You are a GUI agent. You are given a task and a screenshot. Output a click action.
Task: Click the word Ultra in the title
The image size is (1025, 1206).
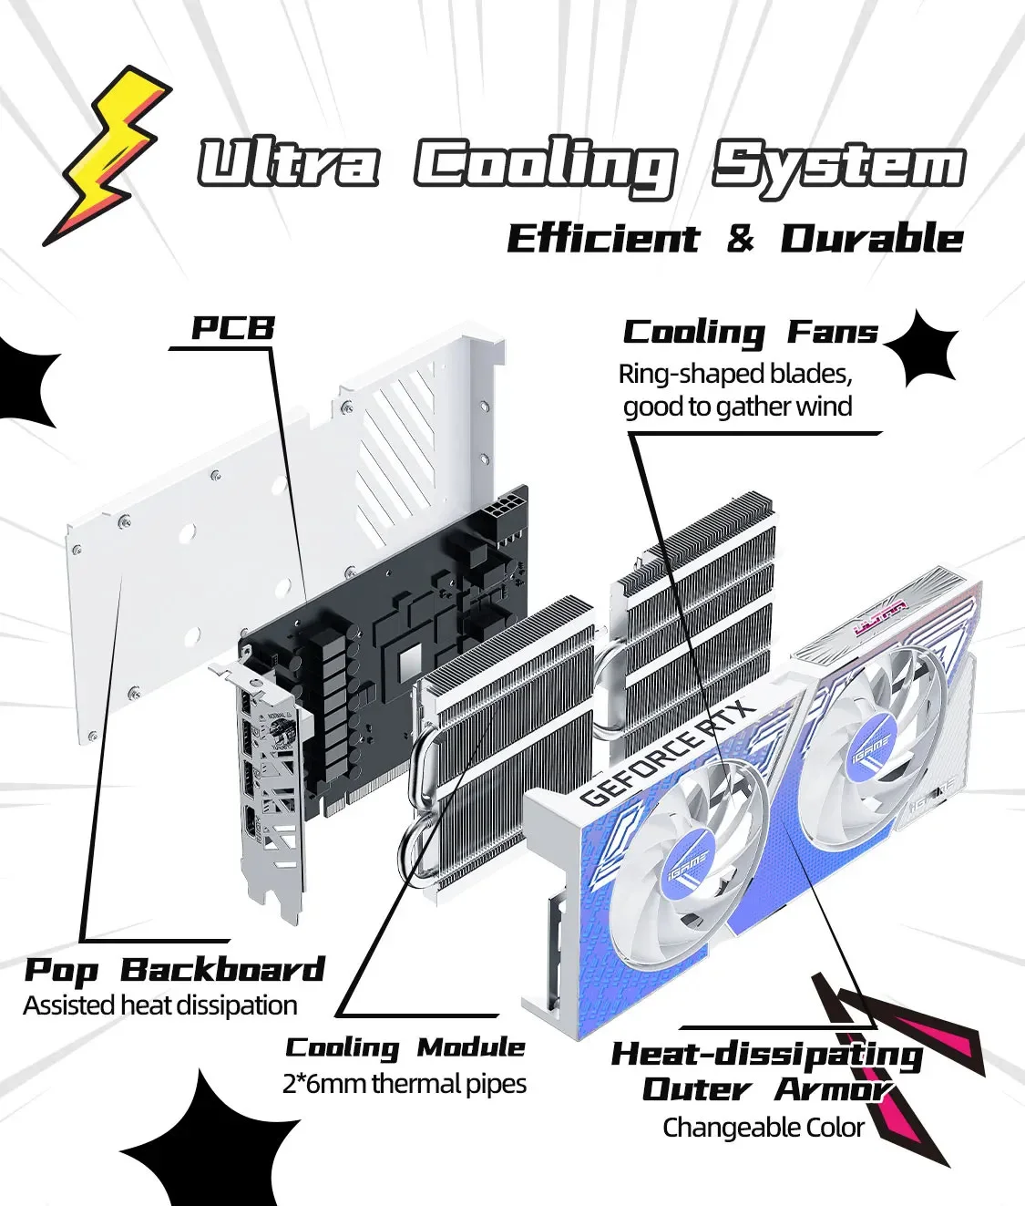(x=288, y=165)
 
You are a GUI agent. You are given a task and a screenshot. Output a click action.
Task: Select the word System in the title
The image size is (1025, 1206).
(x=838, y=167)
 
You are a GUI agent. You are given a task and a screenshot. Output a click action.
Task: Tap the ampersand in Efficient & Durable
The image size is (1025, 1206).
(x=741, y=239)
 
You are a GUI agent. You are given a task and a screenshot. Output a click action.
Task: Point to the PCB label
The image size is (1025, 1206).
(x=232, y=328)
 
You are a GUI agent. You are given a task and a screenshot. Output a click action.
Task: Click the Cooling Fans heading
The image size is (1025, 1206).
(x=750, y=332)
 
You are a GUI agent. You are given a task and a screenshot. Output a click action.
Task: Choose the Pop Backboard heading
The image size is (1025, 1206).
(x=174, y=970)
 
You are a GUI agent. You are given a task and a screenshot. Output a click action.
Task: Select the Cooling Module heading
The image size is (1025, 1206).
(x=405, y=1047)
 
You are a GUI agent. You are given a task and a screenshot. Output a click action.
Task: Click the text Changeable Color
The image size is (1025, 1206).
(x=763, y=1128)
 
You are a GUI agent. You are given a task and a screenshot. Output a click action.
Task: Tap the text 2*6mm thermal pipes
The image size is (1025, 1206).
(x=405, y=1084)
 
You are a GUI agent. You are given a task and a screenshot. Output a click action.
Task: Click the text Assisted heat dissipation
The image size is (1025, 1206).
(x=160, y=1005)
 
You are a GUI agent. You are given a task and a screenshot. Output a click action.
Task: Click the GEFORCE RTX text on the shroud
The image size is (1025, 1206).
(x=667, y=754)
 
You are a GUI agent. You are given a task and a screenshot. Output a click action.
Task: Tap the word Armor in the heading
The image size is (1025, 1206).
(x=832, y=1089)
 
